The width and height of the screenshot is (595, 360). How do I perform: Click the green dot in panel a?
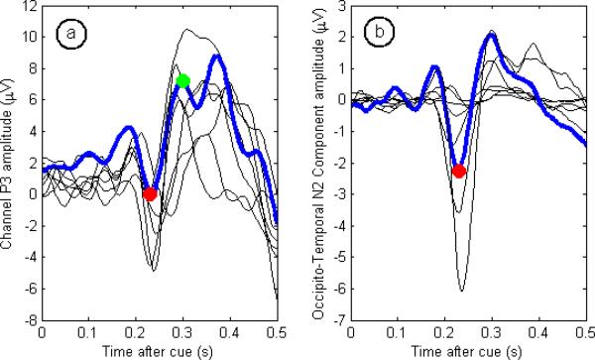click(182, 80)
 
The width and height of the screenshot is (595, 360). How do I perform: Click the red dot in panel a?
click(150, 194)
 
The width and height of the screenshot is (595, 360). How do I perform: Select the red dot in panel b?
click(458, 171)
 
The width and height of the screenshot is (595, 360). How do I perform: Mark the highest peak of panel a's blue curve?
click(215, 56)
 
